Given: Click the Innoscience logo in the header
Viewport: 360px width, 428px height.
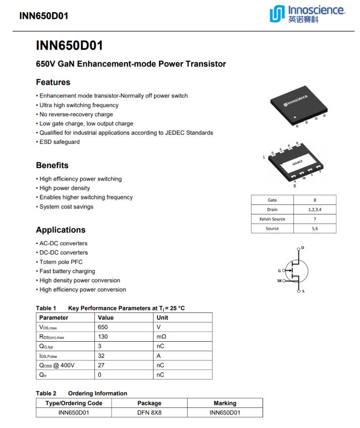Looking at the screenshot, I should tap(307, 15).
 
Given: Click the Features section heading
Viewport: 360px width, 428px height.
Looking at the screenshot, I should tap(53, 82).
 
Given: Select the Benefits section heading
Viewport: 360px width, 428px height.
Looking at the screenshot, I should tap(52, 165).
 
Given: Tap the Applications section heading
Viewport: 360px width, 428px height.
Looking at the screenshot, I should tap(61, 230).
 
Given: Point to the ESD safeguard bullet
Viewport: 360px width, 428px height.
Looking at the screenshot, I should tap(59, 142).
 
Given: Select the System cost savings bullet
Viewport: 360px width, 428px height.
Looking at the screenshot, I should tap(66, 206).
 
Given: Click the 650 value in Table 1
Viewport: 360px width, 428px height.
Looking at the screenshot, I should tap(103, 327).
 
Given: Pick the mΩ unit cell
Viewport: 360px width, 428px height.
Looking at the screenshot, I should tap(162, 336).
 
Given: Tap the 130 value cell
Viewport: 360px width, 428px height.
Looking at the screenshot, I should tap(103, 336).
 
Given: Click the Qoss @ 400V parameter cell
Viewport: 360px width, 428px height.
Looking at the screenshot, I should tap(57, 365).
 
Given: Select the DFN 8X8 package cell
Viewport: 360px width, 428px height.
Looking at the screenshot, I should tap(149, 412).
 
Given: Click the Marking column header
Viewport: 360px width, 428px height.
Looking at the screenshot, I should tap(225, 403).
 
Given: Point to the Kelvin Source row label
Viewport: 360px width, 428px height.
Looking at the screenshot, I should tap(272, 219).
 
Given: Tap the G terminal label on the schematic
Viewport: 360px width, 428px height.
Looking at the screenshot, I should tap(279, 271).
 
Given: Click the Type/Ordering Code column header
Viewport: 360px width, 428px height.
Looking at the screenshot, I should tap(74, 403).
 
